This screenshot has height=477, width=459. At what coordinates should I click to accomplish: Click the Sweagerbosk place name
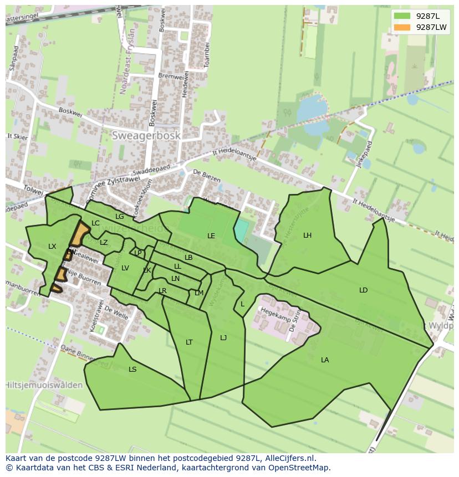click(x=146, y=135)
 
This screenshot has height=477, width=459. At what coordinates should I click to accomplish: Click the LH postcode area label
click(x=307, y=235)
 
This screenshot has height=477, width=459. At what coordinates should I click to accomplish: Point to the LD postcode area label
click(x=363, y=290)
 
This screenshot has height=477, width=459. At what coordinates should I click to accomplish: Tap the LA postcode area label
click(x=325, y=360)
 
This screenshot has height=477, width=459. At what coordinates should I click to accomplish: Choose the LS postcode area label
click(x=132, y=370)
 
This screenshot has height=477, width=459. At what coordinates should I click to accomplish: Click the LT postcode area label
click(x=189, y=342)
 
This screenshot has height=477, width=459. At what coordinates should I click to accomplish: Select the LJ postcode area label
click(x=223, y=338)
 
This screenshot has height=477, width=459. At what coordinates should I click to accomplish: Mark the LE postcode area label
click(x=211, y=236)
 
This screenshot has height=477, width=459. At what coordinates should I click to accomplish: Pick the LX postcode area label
click(x=52, y=247)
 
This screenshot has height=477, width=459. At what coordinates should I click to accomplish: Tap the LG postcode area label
click(x=119, y=217)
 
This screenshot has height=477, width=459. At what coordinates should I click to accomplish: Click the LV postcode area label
click(x=125, y=268)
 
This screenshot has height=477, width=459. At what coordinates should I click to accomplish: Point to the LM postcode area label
click(x=199, y=293)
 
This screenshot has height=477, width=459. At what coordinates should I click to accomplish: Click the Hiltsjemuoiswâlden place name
click(x=44, y=385)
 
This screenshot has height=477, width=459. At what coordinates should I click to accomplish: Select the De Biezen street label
click(x=207, y=176)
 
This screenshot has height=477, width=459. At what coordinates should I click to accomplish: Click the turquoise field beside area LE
click(x=241, y=230)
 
